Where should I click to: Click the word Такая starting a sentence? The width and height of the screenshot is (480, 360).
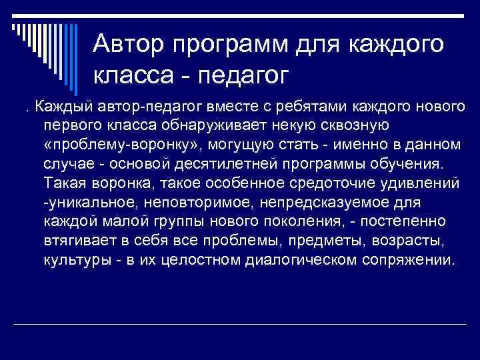(65, 183)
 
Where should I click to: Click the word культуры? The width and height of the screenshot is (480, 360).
(74, 259)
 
